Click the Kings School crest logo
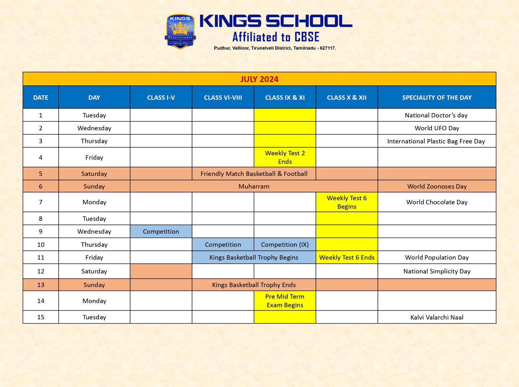point(180,31)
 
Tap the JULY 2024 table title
point(259,79)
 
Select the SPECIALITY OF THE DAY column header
point(437,98)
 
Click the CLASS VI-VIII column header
point(223,98)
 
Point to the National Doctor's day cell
point(436,115)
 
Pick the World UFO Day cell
point(437,128)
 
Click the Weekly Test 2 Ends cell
point(285,157)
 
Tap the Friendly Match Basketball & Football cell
point(254,174)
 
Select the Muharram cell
point(254,186)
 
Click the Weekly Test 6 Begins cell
point(347,202)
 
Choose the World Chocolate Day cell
point(437,202)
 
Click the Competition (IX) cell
point(285,244)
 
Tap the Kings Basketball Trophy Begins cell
point(254,257)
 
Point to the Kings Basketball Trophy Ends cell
point(254,285)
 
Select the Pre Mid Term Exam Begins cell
point(285,301)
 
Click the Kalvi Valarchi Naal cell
point(437,317)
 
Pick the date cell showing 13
point(41,285)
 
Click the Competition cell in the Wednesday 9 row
point(161,231)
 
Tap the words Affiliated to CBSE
point(276,37)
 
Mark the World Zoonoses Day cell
point(437,186)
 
